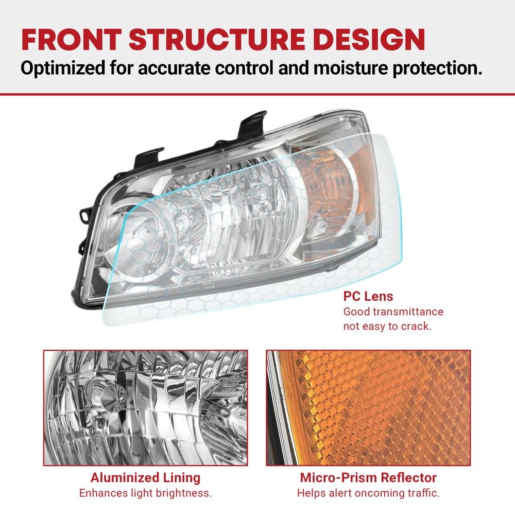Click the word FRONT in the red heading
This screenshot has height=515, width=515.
click(x=72, y=40)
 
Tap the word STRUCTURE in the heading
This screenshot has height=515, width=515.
click(x=217, y=40)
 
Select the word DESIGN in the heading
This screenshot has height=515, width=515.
click(x=369, y=40)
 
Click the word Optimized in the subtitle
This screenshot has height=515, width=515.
click(x=62, y=68)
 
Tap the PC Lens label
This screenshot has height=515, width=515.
click(x=368, y=296)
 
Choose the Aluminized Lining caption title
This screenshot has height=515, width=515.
click(x=146, y=477)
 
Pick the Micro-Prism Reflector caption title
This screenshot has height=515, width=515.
click(x=368, y=477)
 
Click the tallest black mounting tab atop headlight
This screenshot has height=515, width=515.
click(x=252, y=125)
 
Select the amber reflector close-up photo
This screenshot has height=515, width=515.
click(x=368, y=407)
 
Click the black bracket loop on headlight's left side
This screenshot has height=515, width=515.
click(x=84, y=215)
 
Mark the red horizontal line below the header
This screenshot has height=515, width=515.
click(x=257, y=95)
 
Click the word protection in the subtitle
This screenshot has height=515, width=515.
click(x=437, y=68)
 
